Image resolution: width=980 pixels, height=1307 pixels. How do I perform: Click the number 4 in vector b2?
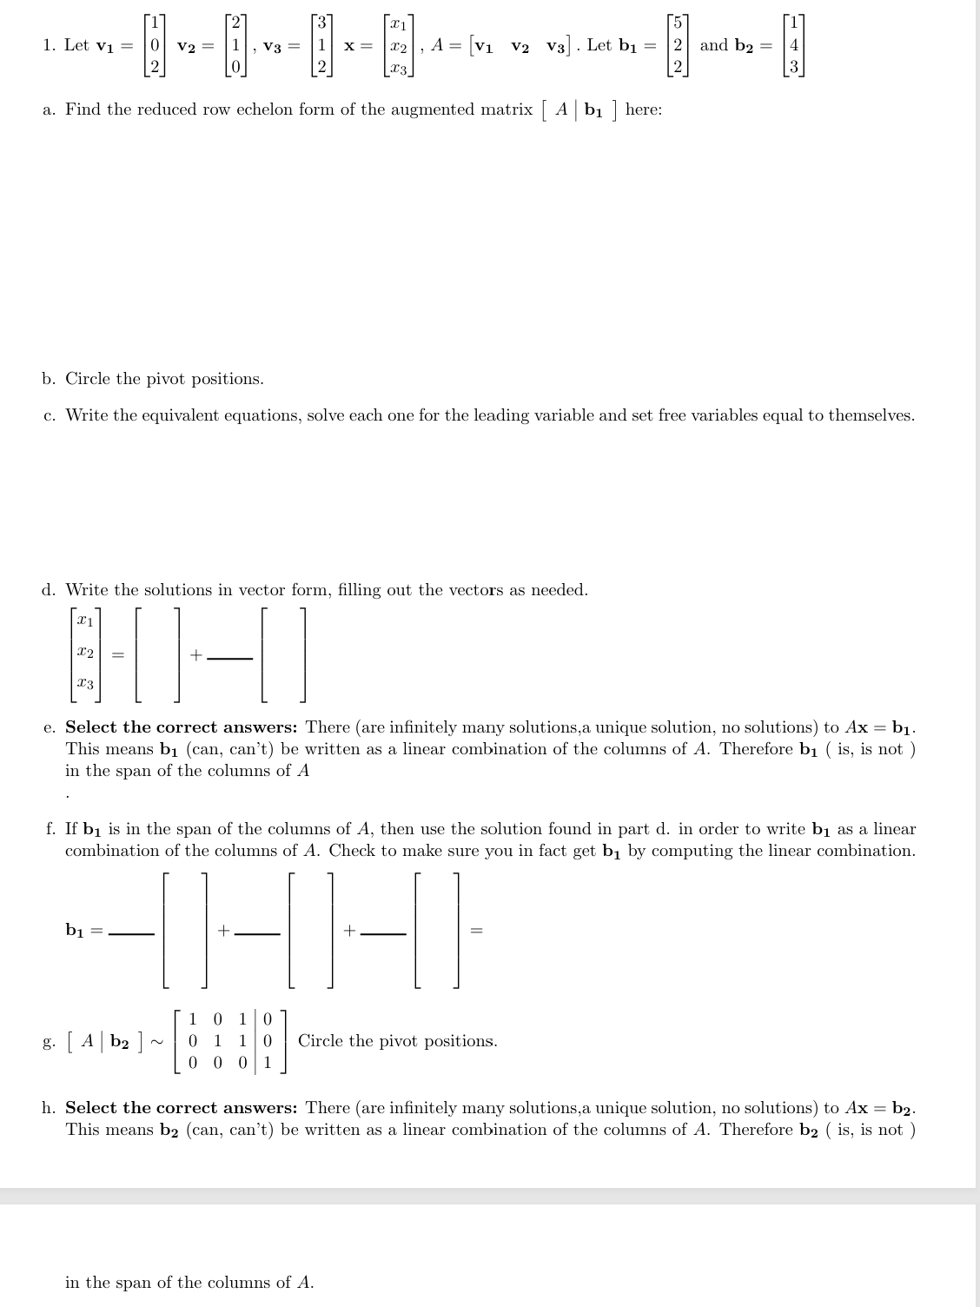point(793,45)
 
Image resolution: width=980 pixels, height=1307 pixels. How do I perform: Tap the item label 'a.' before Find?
point(50,109)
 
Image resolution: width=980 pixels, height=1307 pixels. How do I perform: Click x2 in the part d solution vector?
point(84,651)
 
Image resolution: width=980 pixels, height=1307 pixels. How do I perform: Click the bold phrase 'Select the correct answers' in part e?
point(182,726)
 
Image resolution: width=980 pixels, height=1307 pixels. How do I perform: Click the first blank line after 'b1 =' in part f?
point(131,934)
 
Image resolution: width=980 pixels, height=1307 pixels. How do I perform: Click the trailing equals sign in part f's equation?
point(476,931)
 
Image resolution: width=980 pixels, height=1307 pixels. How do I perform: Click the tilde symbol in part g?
point(158,1041)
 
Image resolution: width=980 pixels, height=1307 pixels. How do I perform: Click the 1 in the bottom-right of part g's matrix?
point(268,1062)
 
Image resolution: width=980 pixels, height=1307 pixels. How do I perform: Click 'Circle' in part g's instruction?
point(322,1041)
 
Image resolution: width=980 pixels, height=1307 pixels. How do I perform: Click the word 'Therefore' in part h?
point(756,1130)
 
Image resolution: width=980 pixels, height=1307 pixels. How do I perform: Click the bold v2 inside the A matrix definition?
point(521,46)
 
